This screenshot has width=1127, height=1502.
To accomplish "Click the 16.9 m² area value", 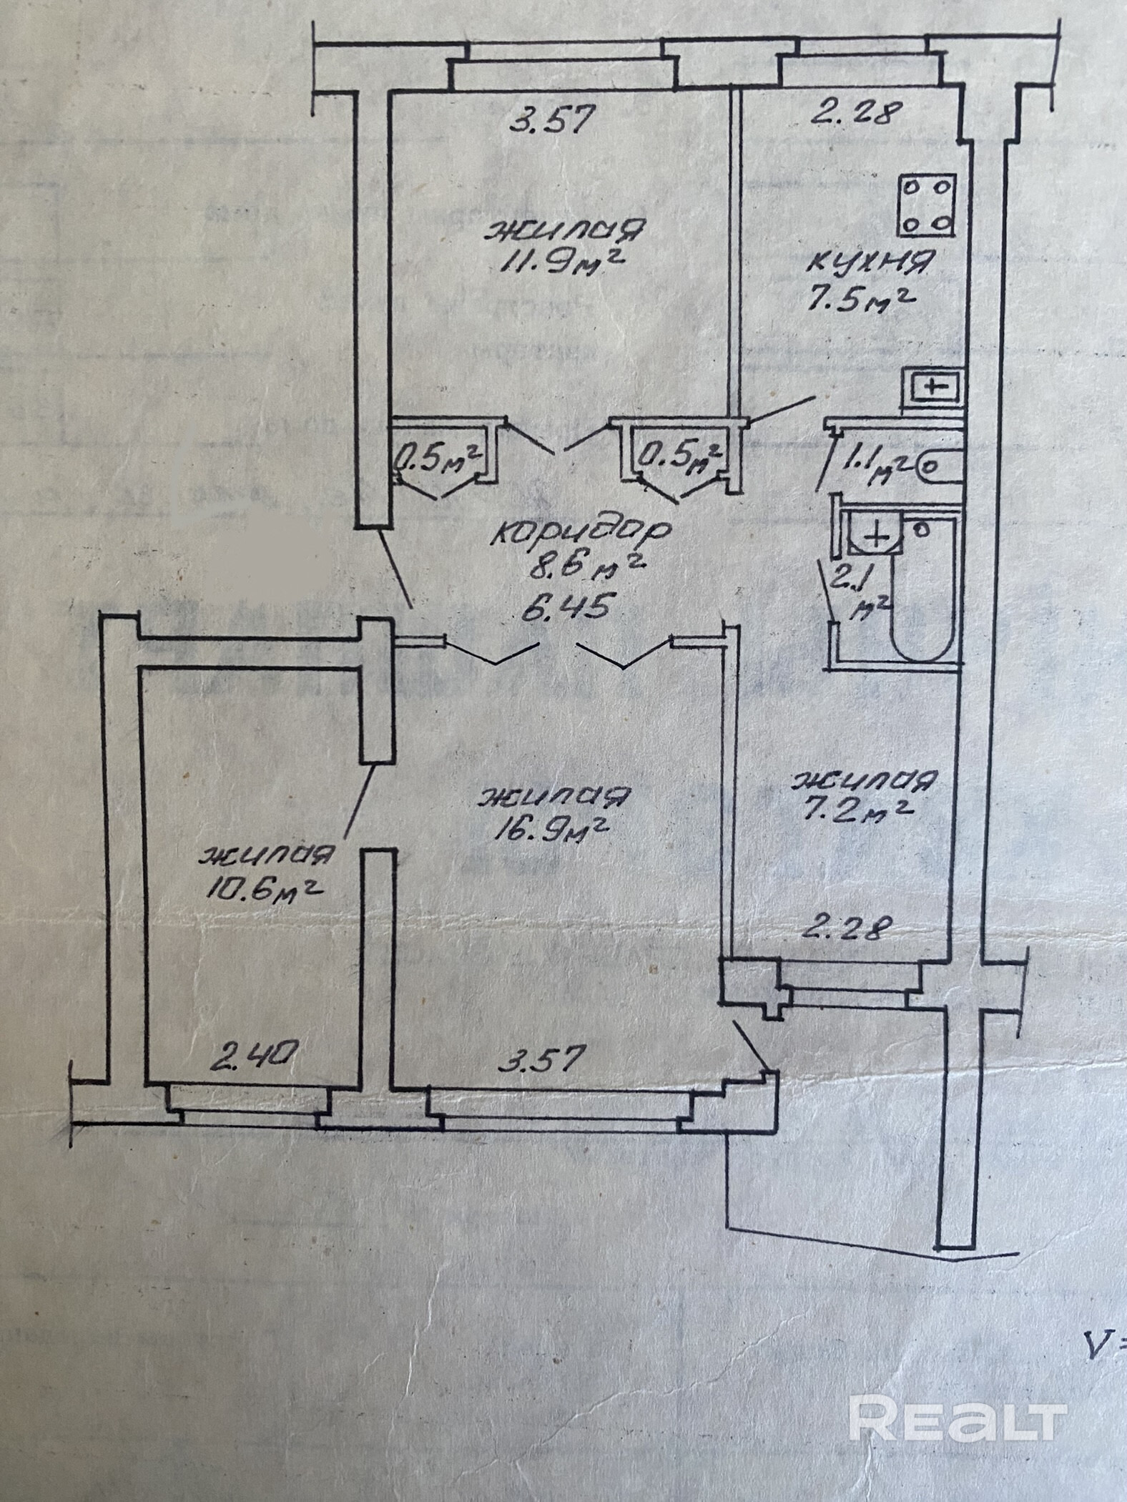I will point(553,830).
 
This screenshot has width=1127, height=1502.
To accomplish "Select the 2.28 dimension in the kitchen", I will point(852,113).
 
